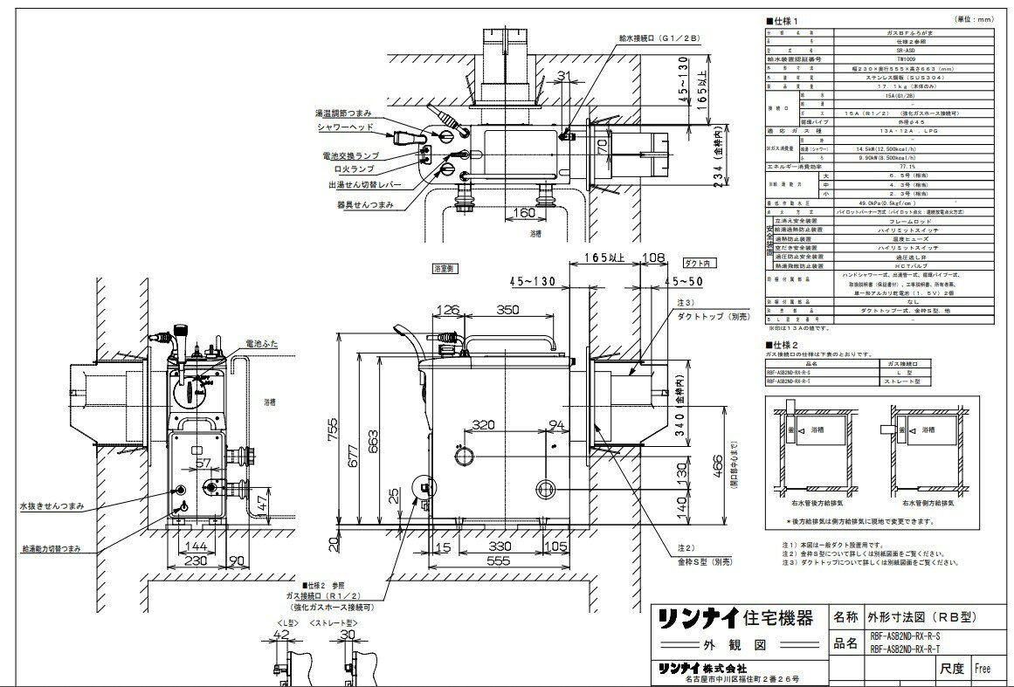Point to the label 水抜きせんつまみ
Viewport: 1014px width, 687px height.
(x=49, y=505)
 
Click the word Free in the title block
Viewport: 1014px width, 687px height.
(x=983, y=669)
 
